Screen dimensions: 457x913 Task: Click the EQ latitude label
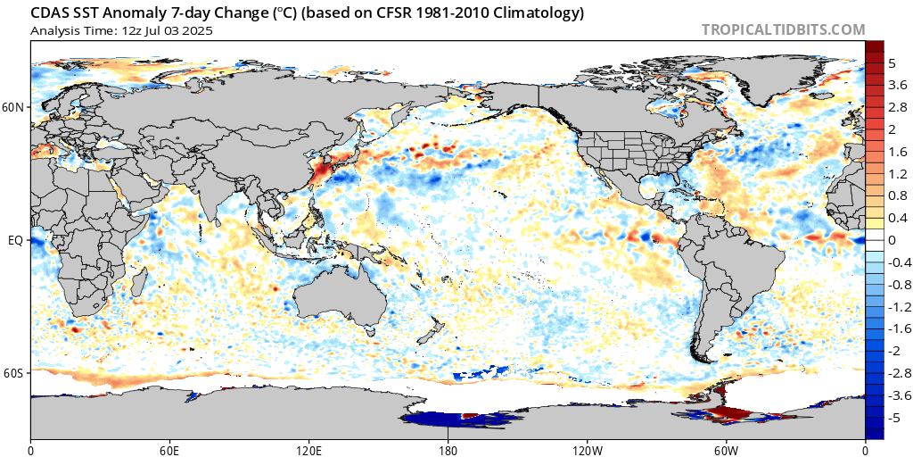tap(15, 240)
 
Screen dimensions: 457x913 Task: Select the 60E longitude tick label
tap(169, 448)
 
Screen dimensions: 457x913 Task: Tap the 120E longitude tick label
tap(308, 448)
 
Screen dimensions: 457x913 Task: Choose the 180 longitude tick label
tap(448, 448)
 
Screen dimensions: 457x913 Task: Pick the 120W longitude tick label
tap(587, 448)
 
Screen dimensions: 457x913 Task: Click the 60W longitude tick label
tap(726, 448)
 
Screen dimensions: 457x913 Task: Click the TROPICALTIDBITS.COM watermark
tap(783, 29)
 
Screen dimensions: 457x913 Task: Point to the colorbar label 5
tap(892, 63)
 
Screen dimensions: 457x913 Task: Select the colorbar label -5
tap(894, 417)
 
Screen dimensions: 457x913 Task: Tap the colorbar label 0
tap(892, 240)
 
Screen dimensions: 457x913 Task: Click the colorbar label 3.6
tap(896, 86)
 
